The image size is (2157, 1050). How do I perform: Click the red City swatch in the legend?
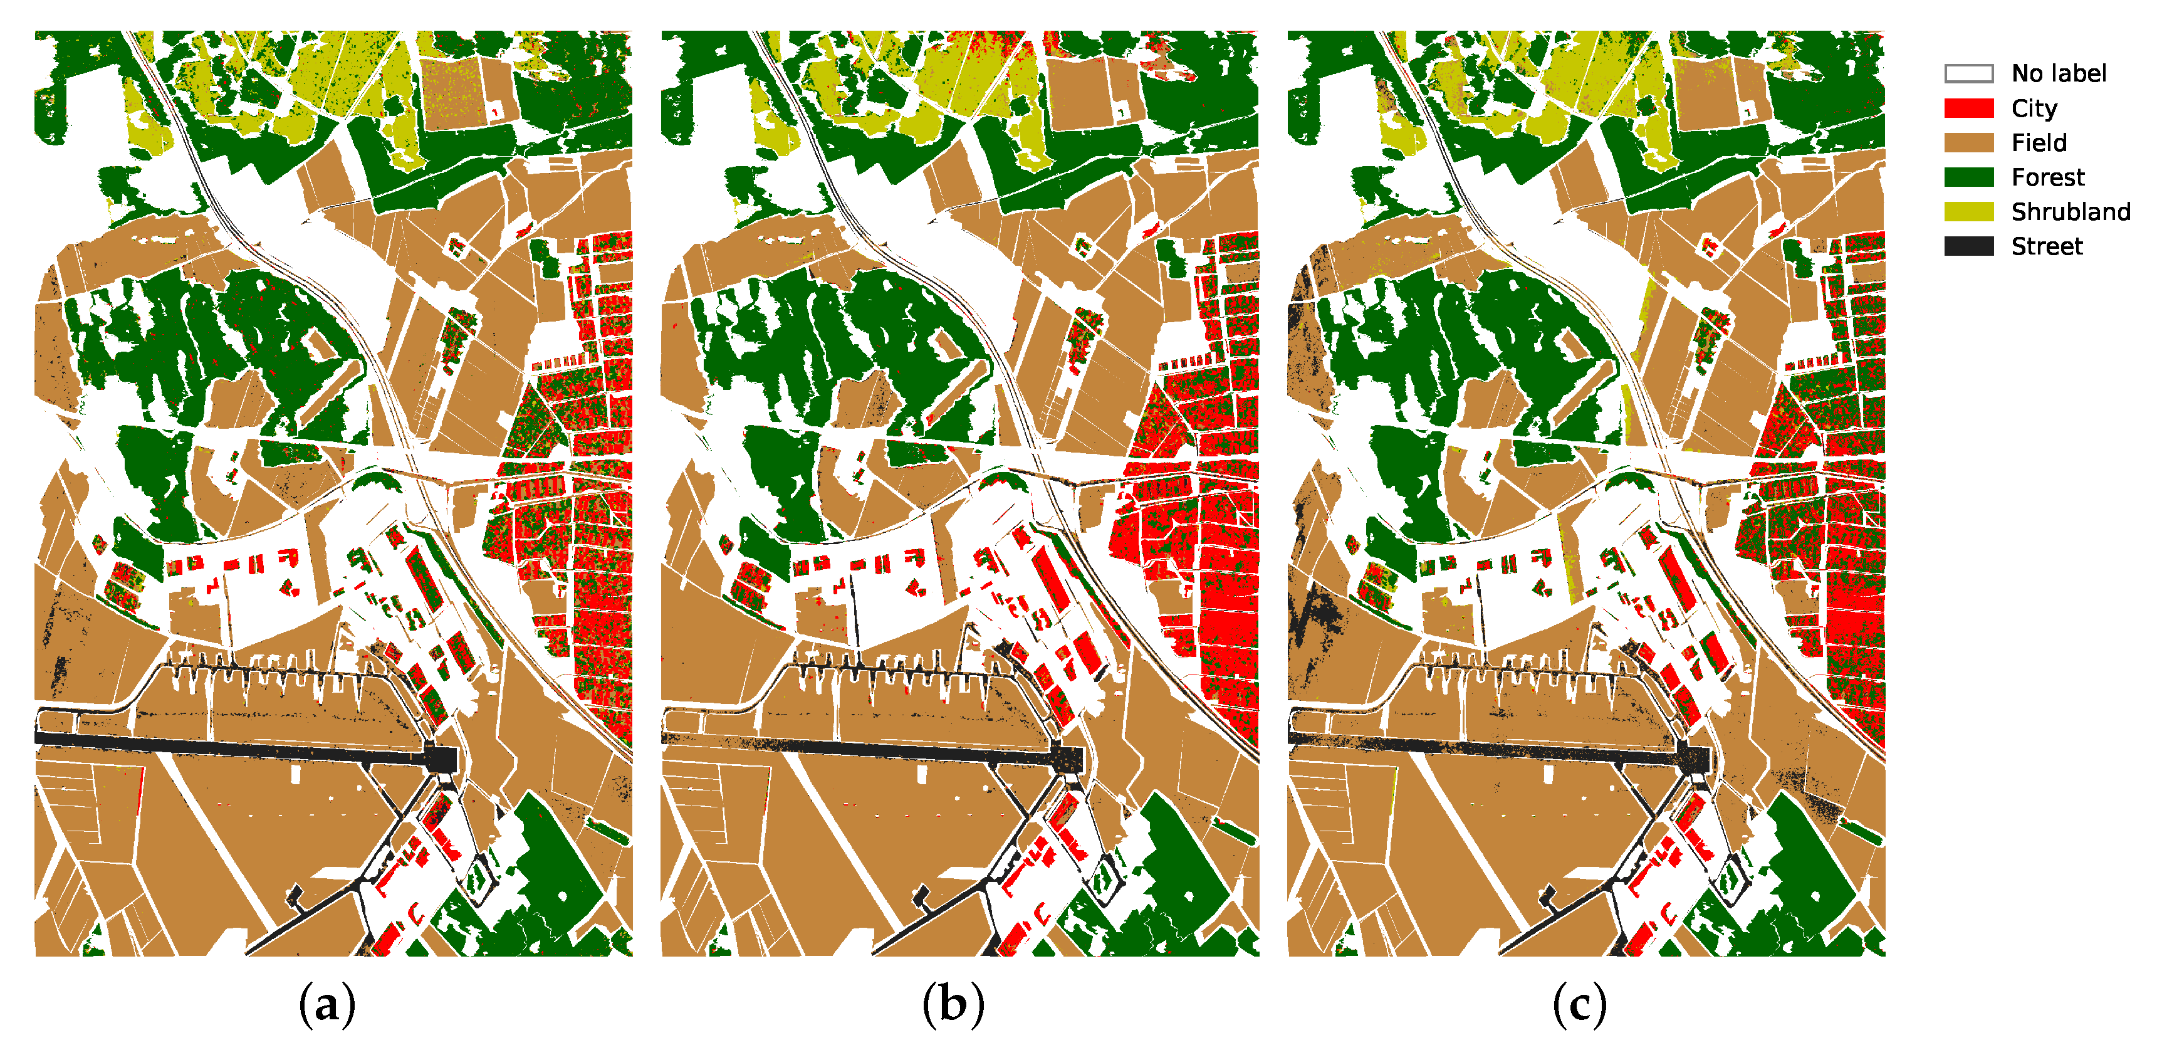[1968, 108]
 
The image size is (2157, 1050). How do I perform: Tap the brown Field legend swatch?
[1968, 142]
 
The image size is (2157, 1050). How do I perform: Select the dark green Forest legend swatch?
[1968, 177]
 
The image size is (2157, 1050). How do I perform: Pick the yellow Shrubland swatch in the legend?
[1968, 212]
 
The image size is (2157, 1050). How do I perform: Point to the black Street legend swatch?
[1968, 246]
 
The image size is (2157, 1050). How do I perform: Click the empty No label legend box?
[1968, 74]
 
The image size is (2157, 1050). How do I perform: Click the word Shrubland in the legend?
[2070, 212]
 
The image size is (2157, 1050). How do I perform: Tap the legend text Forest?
[2047, 177]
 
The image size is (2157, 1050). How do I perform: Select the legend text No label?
[2058, 74]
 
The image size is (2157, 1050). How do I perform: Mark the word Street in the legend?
[2047, 246]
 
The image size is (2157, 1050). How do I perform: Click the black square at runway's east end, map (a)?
[441, 759]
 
